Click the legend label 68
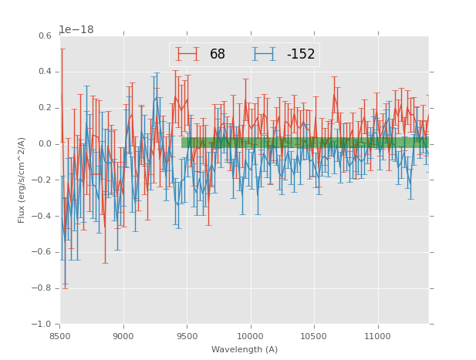click(x=217, y=55)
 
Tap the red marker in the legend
click(x=187, y=55)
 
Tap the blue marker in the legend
click(x=264, y=55)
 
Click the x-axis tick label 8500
click(x=60, y=336)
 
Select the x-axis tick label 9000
click(x=123, y=336)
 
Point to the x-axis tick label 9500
click(x=187, y=336)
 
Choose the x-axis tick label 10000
click(x=250, y=336)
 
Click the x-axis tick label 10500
click(x=314, y=336)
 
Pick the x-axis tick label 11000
click(x=377, y=336)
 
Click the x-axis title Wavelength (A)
click(x=245, y=350)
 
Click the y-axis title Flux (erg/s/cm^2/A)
click(x=22, y=180)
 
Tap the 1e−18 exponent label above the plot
click(x=76, y=29)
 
